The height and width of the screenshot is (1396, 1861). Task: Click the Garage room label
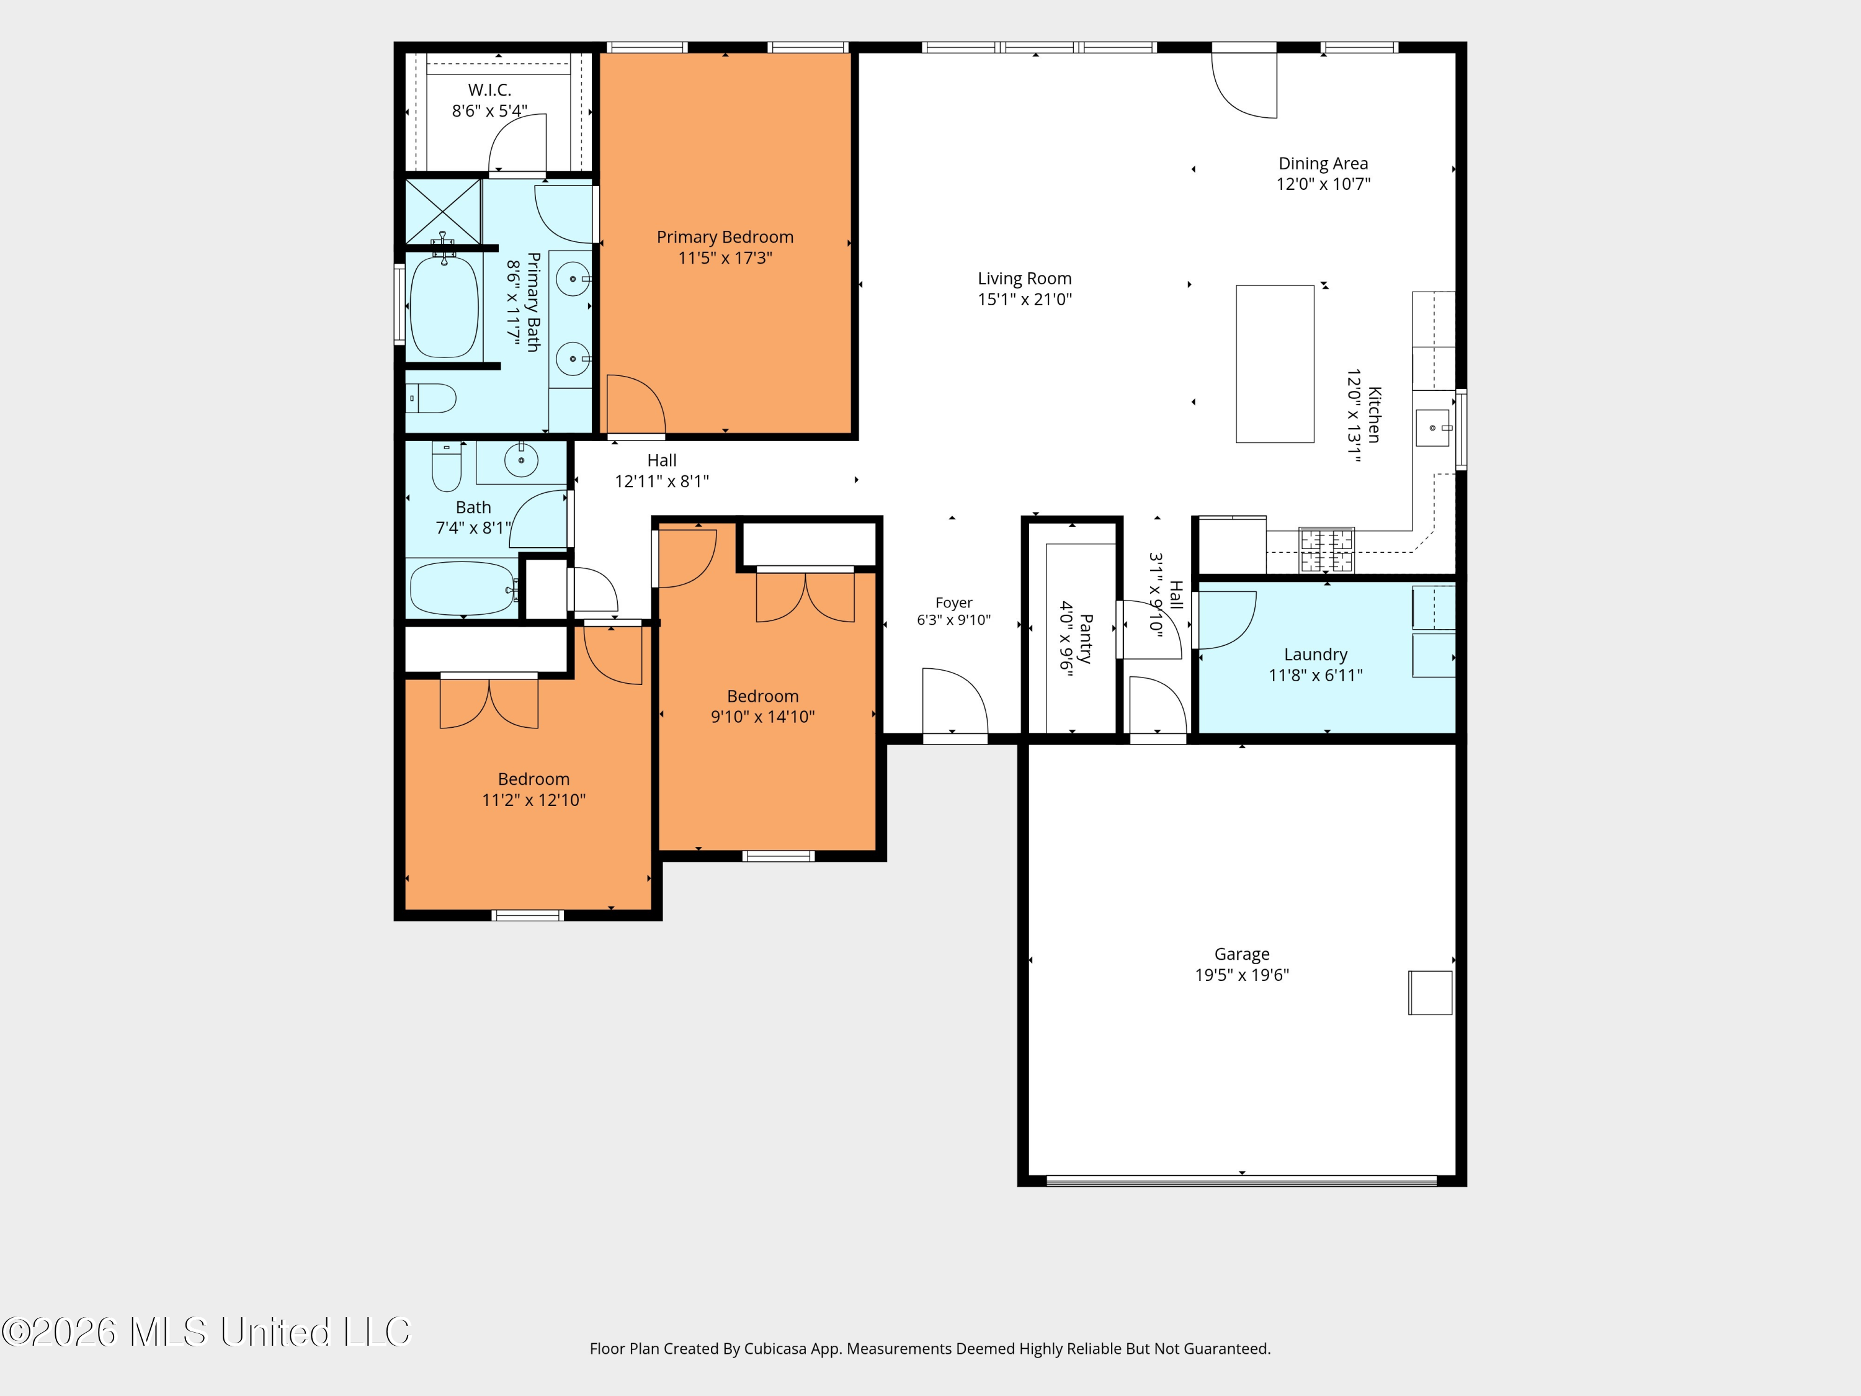[1242, 954]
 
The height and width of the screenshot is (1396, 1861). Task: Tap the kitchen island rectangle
[1275, 364]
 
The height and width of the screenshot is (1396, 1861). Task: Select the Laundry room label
[1316, 655]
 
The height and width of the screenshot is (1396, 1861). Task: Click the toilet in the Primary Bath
[431, 398]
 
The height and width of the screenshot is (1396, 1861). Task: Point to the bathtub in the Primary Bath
[444, 307]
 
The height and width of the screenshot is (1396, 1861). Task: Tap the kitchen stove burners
[1327, 550]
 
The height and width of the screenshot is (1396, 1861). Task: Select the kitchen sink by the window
[1433, 427]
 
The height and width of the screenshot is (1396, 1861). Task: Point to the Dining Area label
[1323, 163]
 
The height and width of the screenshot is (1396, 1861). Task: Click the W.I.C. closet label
[489, 90]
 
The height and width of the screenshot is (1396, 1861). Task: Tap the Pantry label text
[1086, 638]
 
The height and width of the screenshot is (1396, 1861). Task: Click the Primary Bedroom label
[725, 237]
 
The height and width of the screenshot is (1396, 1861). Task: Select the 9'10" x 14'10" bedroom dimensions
[763, 717]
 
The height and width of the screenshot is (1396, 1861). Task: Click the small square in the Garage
[1430, 992]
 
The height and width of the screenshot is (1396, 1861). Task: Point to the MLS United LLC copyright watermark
[206, 1332]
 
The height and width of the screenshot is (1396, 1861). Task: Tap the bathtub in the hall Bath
[462, 589]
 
